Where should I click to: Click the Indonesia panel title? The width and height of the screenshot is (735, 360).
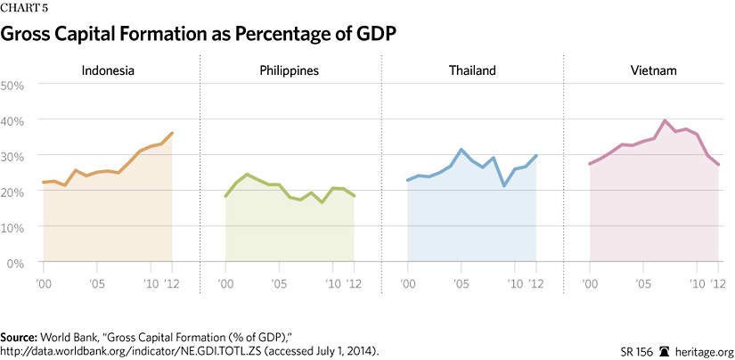coord(108,70)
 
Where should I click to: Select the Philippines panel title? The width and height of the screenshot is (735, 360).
coord(290,70)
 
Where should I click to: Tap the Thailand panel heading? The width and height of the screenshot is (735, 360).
coord(471,70)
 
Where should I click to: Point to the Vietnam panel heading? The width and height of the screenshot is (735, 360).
coord(653,70)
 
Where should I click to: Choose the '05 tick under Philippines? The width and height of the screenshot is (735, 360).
coord(278,284)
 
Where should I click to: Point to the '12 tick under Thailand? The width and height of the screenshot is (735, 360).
coord(536,284)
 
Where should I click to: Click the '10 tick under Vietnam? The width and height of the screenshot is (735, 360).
coord(696,284)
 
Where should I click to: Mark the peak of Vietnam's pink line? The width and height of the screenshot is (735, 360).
coord(665,120)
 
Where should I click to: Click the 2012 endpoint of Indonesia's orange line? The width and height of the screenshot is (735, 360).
coord(172,133)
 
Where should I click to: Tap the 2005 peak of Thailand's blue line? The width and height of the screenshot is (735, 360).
coord(461,150)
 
